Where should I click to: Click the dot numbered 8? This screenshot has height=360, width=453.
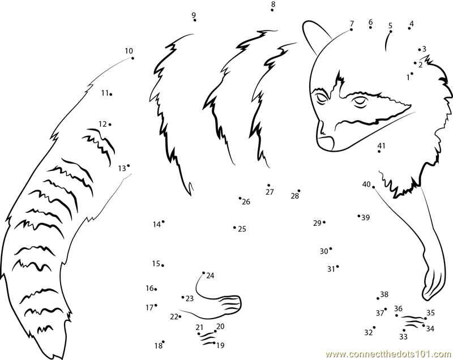272,10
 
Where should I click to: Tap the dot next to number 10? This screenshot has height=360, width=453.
133,58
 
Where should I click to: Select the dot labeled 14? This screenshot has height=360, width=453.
163,222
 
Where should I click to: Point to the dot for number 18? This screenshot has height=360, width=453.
163,342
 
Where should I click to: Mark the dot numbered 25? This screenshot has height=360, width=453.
234,228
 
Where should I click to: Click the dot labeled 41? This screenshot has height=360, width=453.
379,152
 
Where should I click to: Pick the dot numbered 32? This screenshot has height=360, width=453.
374,327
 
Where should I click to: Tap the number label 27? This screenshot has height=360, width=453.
270,192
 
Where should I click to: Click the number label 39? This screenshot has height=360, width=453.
366,218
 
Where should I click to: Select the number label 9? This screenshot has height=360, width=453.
194,15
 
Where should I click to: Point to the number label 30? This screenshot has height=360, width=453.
324,251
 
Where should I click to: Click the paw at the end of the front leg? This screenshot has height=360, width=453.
433,284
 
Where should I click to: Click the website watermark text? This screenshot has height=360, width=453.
389,354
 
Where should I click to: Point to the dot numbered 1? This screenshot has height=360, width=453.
412,74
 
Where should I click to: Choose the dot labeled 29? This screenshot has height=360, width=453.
324,222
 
